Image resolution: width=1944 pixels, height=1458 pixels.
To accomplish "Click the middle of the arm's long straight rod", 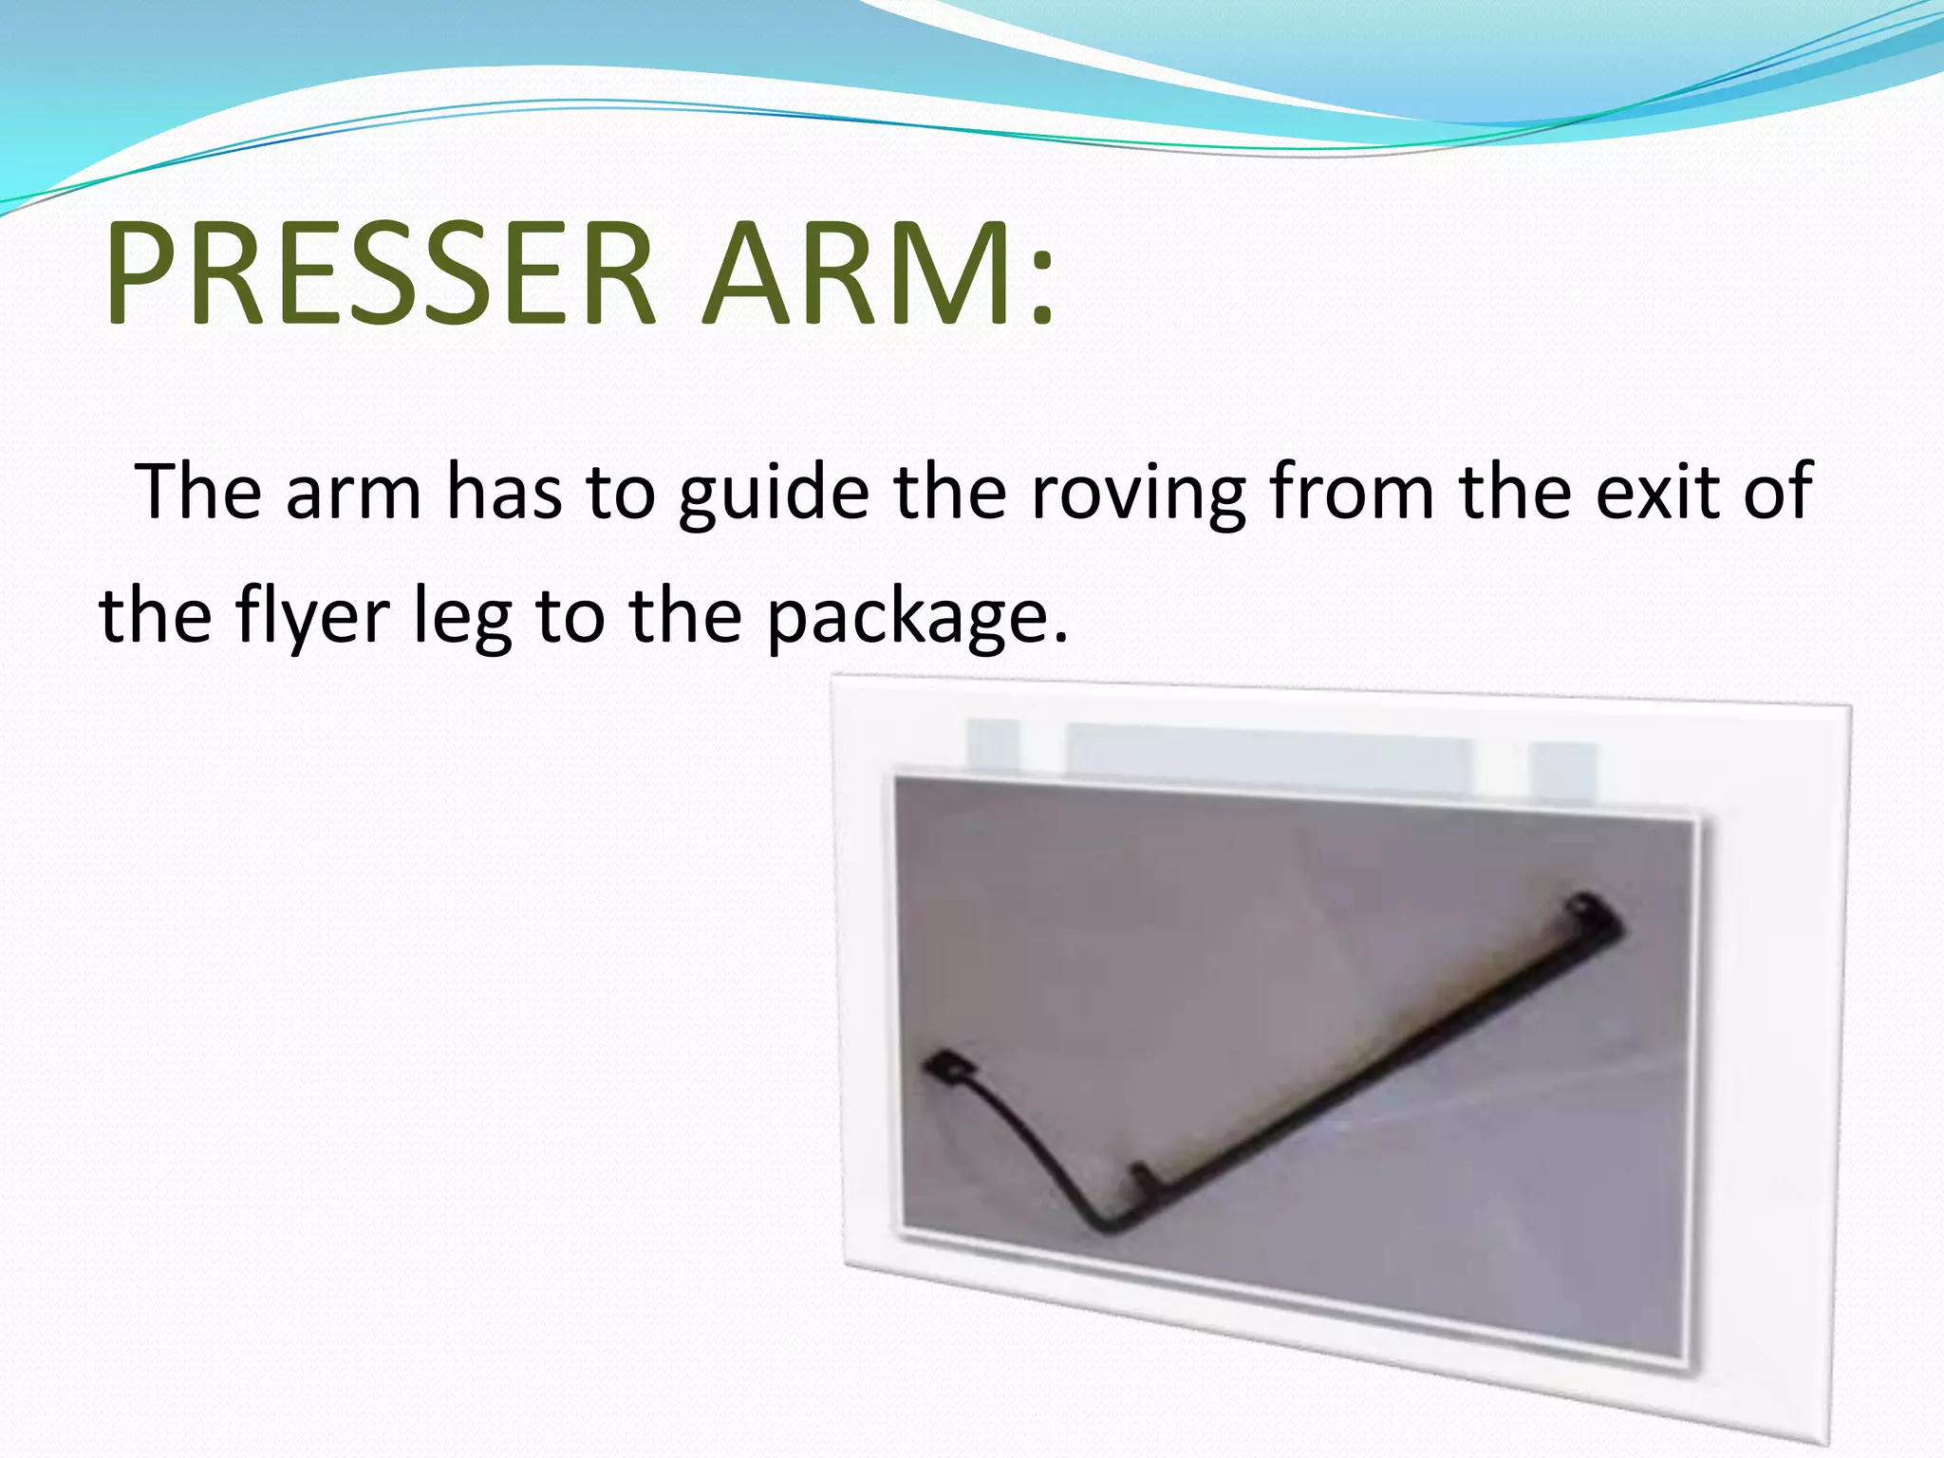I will (1376, 1054).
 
